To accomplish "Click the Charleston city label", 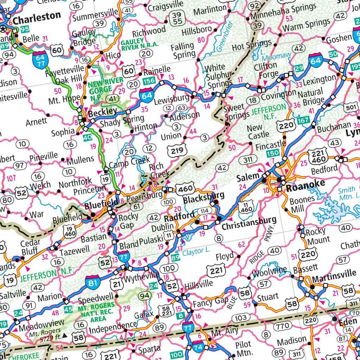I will click(x=37, y=16).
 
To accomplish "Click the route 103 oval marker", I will click(x=240, y=318).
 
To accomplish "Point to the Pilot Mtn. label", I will click(x=243, y=348).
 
